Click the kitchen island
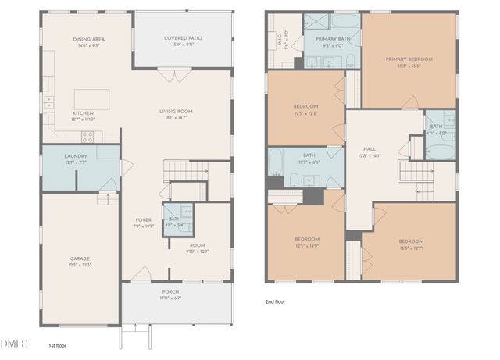(x=91, y=99)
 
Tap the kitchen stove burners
(x=87, y=136)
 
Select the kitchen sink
(x=48, y=101)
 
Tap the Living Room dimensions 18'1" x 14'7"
(x=176, y=119)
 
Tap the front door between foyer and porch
(x=142, y=275)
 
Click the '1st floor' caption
(x=58, y=344)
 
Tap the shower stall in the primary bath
(x=316, y=23)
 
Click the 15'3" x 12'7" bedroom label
(x=412, y=244)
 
